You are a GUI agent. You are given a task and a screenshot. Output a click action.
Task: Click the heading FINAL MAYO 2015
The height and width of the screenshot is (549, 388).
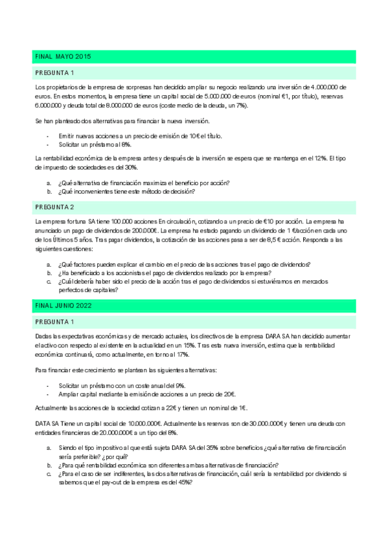point(63,57)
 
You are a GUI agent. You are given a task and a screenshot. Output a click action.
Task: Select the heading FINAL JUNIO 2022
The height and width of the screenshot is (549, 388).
point(65,305)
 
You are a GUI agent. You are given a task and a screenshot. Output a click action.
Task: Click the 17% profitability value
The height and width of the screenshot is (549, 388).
point(182,355)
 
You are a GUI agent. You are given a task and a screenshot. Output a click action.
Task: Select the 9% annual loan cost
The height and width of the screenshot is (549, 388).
point(177,386)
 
